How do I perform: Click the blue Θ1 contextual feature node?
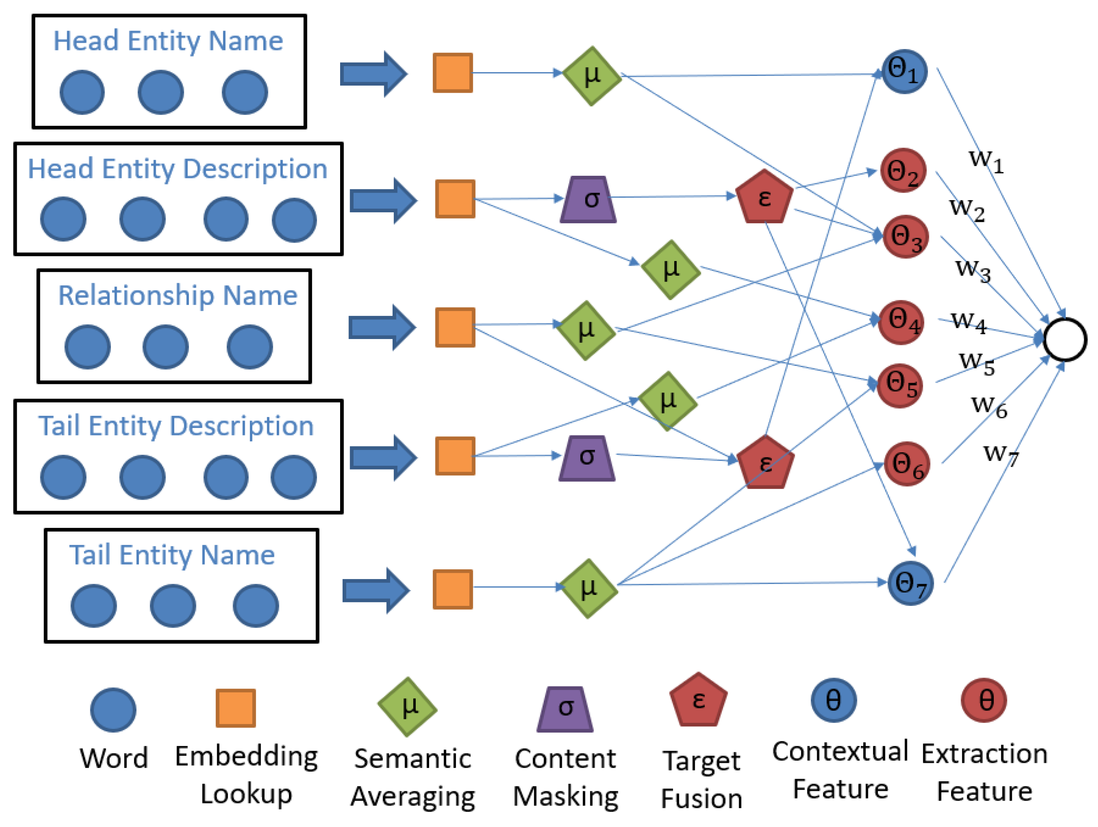[x=904, y=71]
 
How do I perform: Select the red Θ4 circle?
[x=901, y=323]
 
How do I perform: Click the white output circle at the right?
[x=1065, y=339]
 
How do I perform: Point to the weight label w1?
[x=986, y=160]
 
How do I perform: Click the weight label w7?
[x=1000, y=454]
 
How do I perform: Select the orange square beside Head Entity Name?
[x=452, y=73]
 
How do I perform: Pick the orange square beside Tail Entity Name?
[x=452, y=590]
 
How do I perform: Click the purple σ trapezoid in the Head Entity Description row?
[x=588, y=199]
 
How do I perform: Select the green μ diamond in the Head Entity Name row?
[x=591, y=76]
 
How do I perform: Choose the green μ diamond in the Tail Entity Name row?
[x=588, y=588]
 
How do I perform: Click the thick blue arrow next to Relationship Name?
[x=381, y=327]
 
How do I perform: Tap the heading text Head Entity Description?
[x=177, y=169]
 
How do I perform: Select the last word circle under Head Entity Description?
[x=294, y=220]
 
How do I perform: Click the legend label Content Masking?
[x=566, y=777]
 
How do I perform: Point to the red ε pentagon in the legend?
[x=698, y=700]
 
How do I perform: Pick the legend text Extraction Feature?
[x=984, y=772]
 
